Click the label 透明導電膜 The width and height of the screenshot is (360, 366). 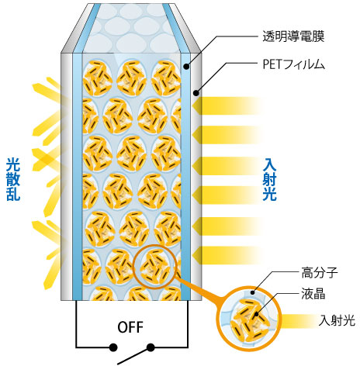pyautogui.click(x=293, y=36)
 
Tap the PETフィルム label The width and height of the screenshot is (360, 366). pyautogui.click(x=293, y=64)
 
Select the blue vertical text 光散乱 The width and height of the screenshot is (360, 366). pyautogui.click(x=13, y=179)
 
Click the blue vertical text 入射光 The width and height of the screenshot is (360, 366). pyautogui.click(x=269, y=179)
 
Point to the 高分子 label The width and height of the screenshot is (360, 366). pyautogui.click(x=320, y=273)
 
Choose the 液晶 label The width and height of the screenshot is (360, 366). pyautogui.click(x=313, y=294)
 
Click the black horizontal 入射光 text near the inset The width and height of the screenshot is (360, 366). pyautogui.click(x=337, y=320)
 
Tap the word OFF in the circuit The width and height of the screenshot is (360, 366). pyautogui.click(x=130, y=327)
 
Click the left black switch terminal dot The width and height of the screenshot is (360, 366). pyautogui.click(x=113, y=347)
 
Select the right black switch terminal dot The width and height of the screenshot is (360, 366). pyautogui.click(x=151, y=347)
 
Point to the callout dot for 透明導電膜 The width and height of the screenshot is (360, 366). pyautogui.click(x=186, y=67)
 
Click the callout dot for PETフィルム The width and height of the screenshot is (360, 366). pyautogui.click(x=196, y=92)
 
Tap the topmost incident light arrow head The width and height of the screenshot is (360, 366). pyautogui.click(x=197, y=105)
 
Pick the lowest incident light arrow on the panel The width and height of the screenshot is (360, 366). pyautogui.click(x=227, y=255)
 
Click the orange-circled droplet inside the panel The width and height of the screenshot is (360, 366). pyautogui.click(x=154, y=266)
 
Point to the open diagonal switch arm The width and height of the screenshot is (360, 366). pyautogui.click(x=134, y=356)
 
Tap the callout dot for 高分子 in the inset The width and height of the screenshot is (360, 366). pyautogui.click(x=254, y=293)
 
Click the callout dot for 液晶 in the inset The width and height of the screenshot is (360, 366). pyautogui.click(x=256, y=314)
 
